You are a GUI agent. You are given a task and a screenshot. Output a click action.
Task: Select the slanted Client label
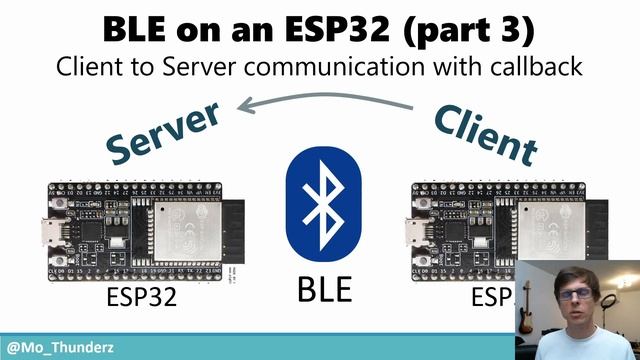click(485, 134)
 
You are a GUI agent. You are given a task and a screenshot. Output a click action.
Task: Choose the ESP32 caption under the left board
click(141, 298)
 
